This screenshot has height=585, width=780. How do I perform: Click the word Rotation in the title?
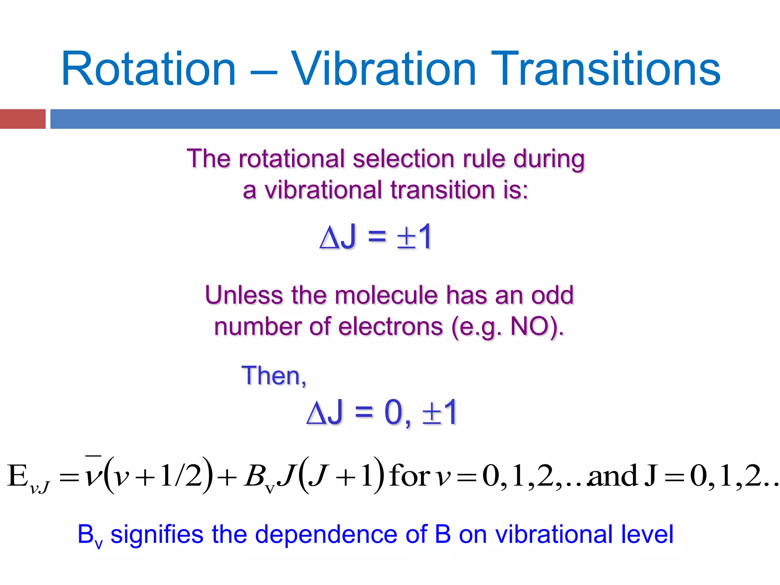(149, 69)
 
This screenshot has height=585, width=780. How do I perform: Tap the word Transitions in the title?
(605, 69)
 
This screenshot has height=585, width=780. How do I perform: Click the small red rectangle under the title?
(22, 119)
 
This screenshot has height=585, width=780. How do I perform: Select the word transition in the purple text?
(442, 190)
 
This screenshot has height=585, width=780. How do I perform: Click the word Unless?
(244, 295)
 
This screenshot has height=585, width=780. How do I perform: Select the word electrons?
(390, 327)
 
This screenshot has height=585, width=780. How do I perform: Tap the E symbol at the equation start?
(18, 476)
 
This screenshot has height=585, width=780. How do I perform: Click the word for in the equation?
(409, 476)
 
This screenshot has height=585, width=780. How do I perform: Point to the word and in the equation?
(613, 476)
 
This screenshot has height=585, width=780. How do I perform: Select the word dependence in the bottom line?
(326, 534)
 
